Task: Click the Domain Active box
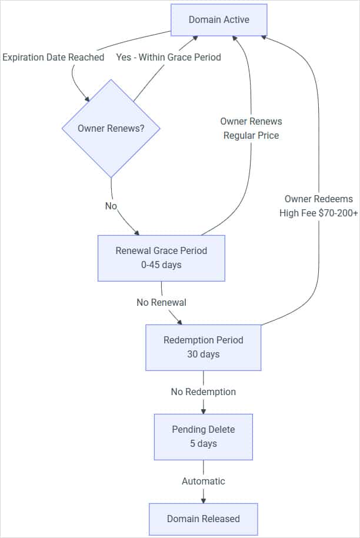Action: [219, 20]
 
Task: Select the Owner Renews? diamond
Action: [111, 128]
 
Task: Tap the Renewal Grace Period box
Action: [161, 258]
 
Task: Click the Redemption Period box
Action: [203, 347]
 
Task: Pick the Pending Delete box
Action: [203, 436]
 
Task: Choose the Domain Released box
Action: [203, 519]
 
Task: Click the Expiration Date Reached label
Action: [54, 57]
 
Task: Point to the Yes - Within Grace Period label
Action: [168, 57]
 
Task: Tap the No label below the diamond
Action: [111, 206]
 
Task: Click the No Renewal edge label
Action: [161, 302]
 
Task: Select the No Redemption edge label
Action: [203, 392]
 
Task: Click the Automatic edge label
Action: [203, 481]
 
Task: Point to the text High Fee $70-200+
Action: [318, 213]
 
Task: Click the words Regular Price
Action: [251, 135]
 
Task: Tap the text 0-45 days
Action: [161, 265]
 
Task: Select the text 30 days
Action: [203, 354]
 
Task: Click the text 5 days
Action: [203, 443]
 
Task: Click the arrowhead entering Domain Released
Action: [203, 500]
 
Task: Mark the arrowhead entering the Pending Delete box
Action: [203, 410]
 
